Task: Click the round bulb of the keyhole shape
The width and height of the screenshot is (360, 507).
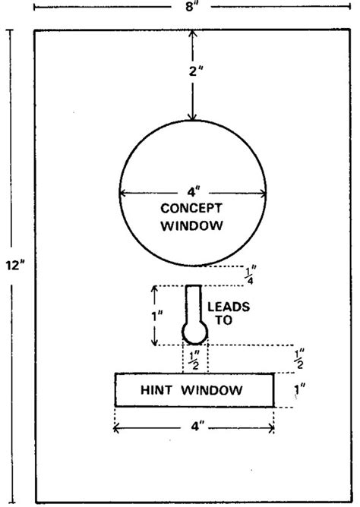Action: coord(194,332)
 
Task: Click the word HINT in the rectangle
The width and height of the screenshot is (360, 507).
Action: coord(156,391)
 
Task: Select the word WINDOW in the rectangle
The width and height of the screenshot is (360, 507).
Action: coord(218,391)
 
